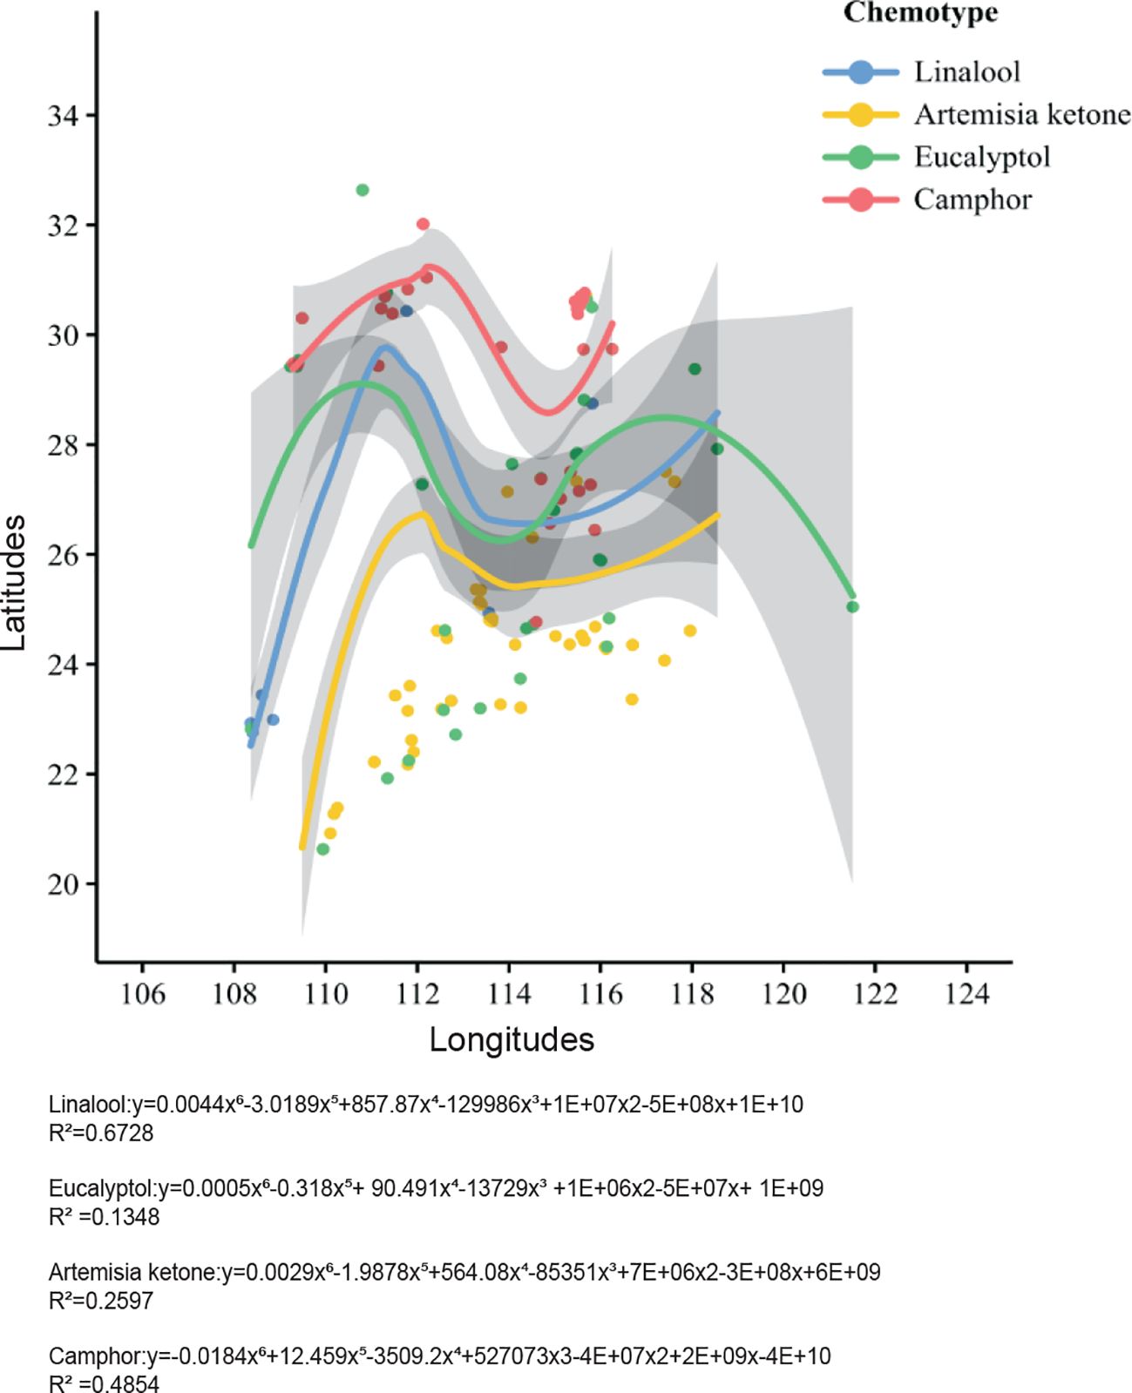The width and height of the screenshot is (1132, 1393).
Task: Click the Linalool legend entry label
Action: pyautogui.click(x=966, y=71)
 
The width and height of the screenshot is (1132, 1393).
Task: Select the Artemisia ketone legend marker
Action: pyautogui.click(x=860, y=114)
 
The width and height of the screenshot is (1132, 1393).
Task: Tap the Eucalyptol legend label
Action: pyautogui.click(x=981, y=157)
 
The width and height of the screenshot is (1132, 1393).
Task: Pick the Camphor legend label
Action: pyautogui.click(x=972, y=199)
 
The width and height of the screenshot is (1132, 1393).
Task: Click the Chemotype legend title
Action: pyautogui.click(x=920, y=13)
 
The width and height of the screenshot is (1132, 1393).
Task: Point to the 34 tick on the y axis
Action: pyautogui.click(x=65, y=115)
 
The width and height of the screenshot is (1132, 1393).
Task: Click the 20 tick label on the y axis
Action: pyautogui.click(x=65, y=883)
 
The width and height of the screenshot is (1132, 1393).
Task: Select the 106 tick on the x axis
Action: pyautogui.click(x=142, y=993)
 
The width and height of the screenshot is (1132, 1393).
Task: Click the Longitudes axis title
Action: pyautogui.click(x=512, y=1039)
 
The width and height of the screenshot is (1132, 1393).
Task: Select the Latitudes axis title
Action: pyautogui.click(x=15, y=582)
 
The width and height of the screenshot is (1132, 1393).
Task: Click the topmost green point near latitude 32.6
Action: pyautogui.click(x=363, y=190)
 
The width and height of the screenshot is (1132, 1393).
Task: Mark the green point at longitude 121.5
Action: pyautogui.click(x=852, y=606)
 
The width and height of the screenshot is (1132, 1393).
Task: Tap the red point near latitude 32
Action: pyautogui.click(x=423, y=224)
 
